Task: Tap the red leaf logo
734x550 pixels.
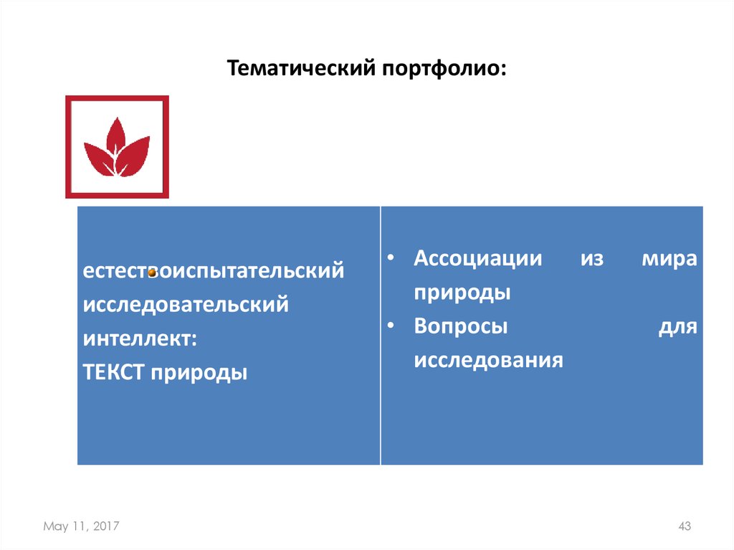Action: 117,146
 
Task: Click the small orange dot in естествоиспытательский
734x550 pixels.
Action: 152,272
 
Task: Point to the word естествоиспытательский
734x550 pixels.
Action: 213,272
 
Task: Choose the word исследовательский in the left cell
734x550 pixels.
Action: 186,305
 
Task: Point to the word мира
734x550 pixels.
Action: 669,259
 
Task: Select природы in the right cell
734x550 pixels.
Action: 462,293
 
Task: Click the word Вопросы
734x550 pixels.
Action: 460,326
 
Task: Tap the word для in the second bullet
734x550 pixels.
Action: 677,326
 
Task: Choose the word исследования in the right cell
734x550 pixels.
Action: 488,359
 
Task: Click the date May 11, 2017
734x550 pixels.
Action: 81,527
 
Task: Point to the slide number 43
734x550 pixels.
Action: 684,527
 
